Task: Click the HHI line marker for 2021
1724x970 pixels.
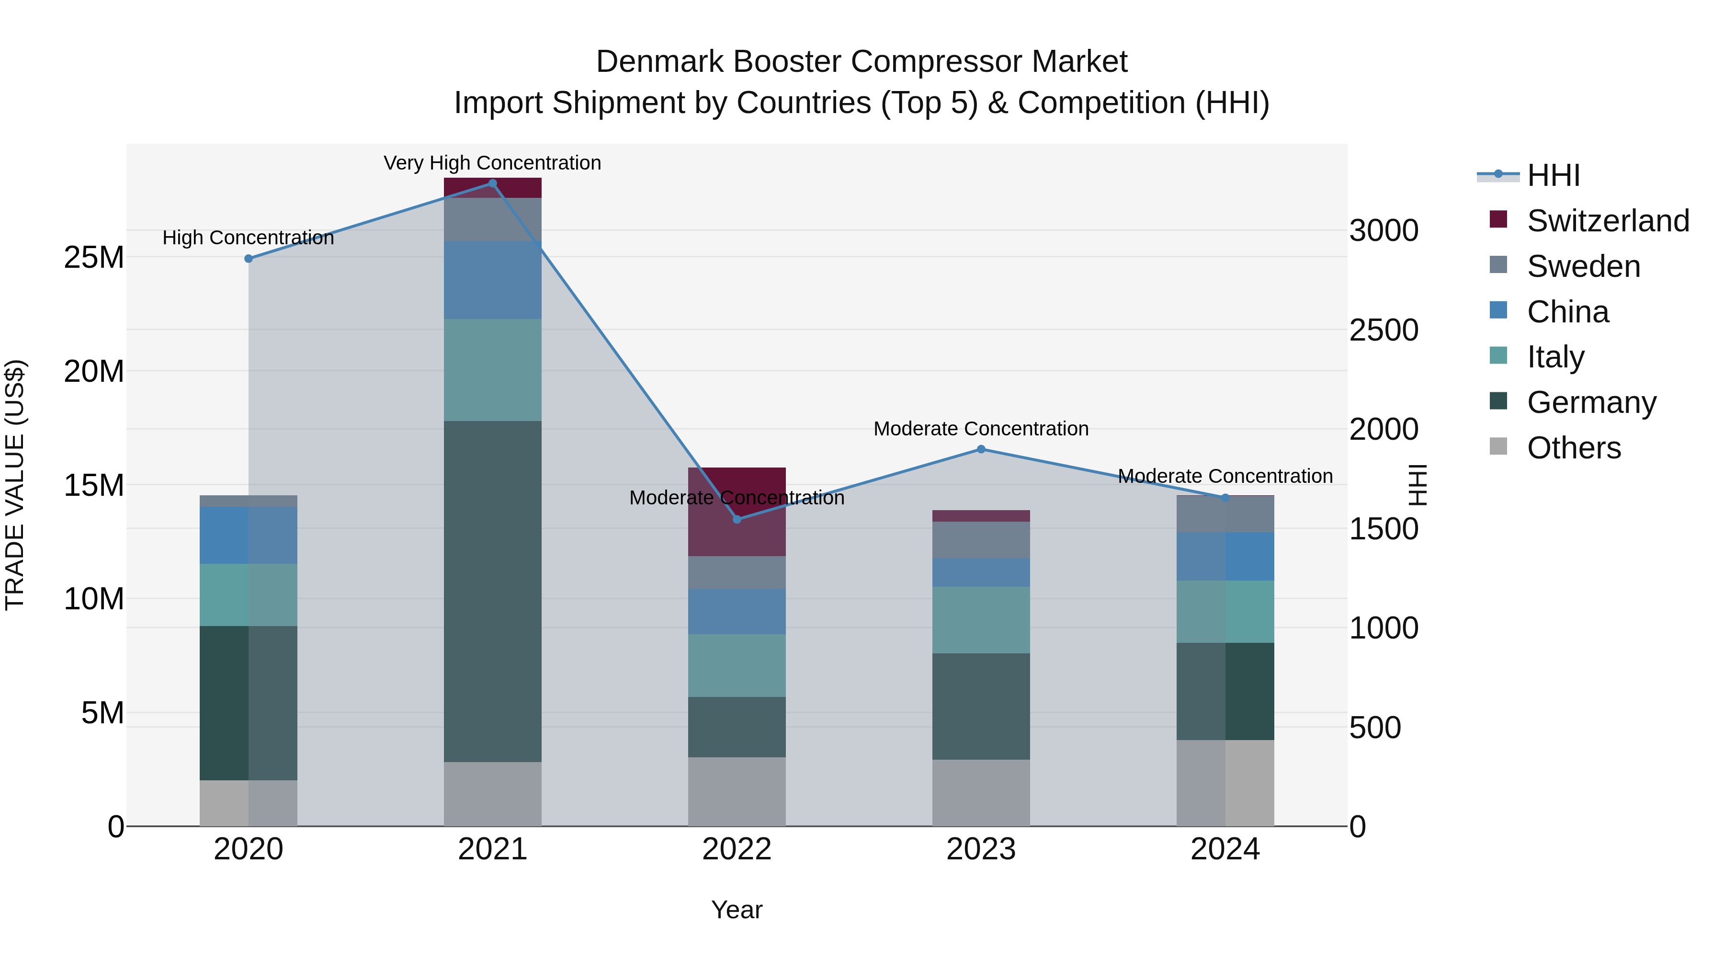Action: pos(493,183)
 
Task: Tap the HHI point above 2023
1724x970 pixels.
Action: pos(981,449)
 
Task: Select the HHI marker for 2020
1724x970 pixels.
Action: pos(248,258)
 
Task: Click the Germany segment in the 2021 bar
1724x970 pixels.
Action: pos(493,591)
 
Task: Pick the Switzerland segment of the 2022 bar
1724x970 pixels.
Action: pos(737,512)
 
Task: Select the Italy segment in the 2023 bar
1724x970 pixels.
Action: pos(981,620)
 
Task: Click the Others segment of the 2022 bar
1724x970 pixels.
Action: pos(737,791)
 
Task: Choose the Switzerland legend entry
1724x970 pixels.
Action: pos(1608,221)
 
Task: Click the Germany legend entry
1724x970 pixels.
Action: pos(1591,402)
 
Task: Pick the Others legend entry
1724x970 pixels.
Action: pos(1574,448)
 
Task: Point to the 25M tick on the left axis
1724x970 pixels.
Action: pos(94,258)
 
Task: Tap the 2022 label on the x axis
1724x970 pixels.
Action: pos(737,849)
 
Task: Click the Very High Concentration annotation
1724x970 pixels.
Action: pos(493,163)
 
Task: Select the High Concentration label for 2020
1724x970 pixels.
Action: pos(248,238)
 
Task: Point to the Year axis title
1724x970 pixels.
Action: pos(737,910)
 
